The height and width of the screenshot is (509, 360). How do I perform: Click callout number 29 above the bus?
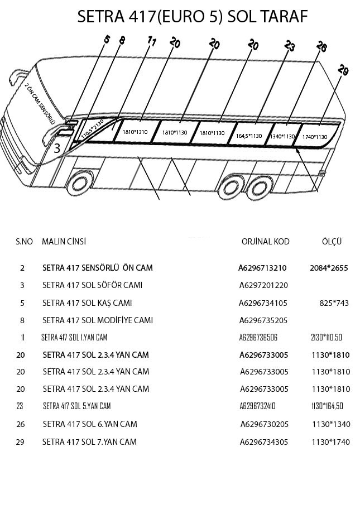pos(343,70)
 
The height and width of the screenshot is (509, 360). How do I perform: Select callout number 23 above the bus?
pos(289,46)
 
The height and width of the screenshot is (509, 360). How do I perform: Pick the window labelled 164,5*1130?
pos(248,136)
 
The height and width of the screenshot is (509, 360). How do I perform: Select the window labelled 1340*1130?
pos(282,136)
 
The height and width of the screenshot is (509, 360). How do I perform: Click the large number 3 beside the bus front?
pos(57,149)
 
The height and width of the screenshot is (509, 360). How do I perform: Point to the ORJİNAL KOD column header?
pos(265,242)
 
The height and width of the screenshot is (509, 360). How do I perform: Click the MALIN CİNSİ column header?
pos(64,241)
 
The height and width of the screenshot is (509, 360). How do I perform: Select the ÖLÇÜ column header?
pos(332,242)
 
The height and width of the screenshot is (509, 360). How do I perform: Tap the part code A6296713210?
pos(262,268)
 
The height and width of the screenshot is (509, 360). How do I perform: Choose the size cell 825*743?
pos(334,303)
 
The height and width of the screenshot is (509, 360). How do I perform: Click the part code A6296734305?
pos(265,442)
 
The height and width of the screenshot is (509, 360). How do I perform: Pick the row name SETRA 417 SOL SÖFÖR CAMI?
pos(92,285)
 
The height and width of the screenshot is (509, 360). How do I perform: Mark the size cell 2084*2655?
pos(329,268)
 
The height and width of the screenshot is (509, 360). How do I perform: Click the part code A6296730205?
pos(265,424)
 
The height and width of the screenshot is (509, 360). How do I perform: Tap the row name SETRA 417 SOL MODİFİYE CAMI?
pos(97,320)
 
